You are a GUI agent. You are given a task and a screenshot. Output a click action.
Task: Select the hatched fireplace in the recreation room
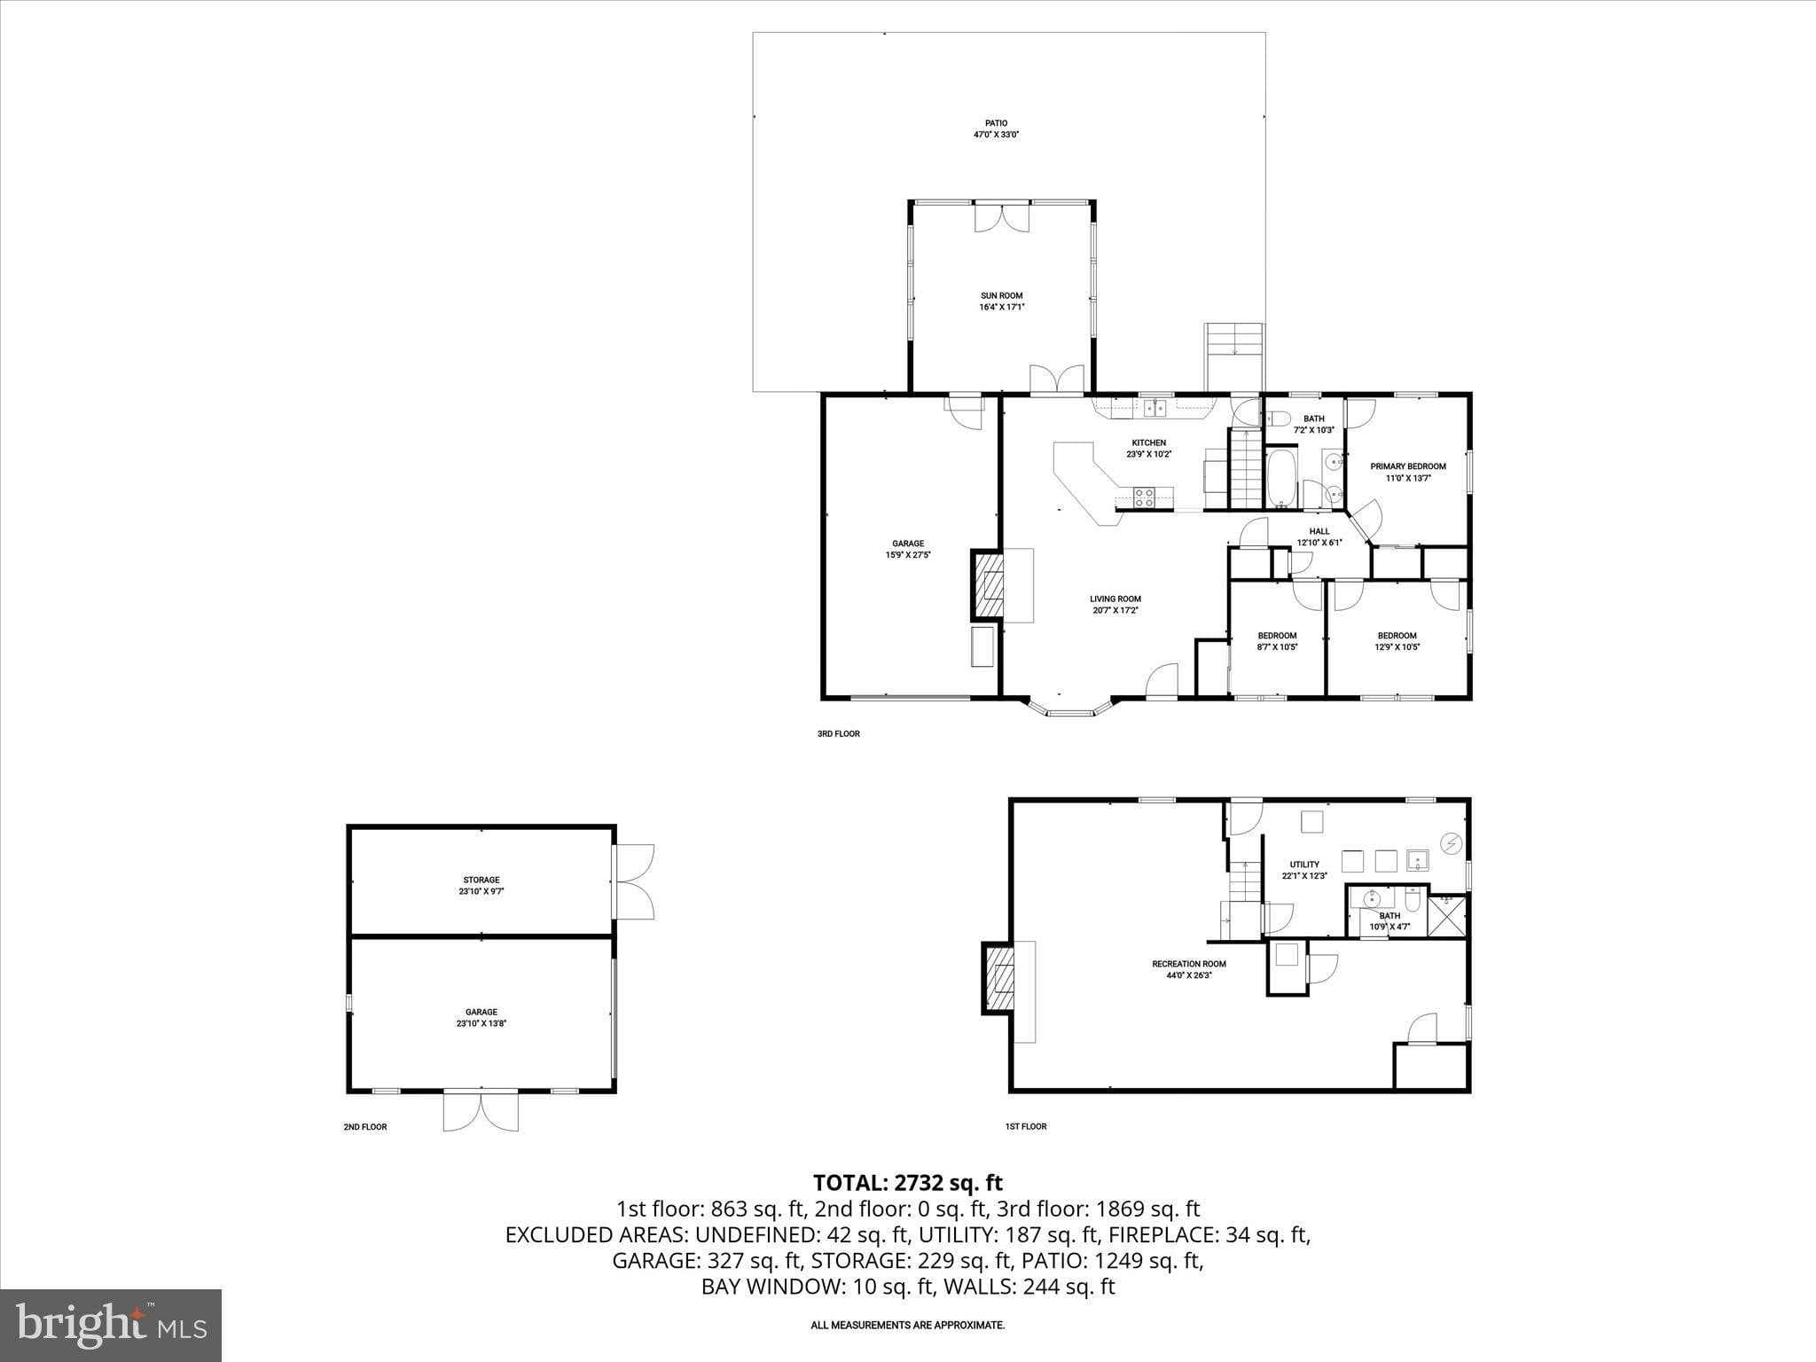point(999,978)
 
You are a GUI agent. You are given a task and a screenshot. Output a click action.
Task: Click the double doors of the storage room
point(635,881)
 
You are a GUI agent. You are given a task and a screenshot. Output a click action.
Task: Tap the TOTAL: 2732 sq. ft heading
point(907,1183)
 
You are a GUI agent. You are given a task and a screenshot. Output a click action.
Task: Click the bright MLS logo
point(111,1325)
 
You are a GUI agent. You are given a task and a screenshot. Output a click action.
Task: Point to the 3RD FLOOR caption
point(838,733)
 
